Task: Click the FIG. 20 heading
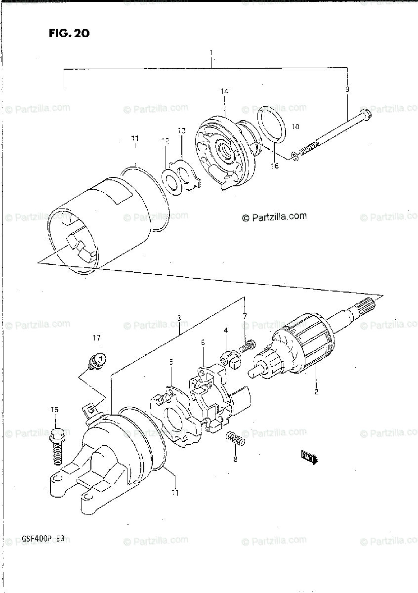(69, 34)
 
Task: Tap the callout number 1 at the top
(211, 52)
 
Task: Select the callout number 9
(347, 89)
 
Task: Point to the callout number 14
(224, 91)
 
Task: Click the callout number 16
(275, 166)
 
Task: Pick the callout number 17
(96, 338)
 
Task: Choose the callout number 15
(54, 410)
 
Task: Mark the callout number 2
(316, 392)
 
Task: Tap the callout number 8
(235, 460)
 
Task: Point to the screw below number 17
(97, 360)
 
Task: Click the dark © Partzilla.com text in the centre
(274, 216)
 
